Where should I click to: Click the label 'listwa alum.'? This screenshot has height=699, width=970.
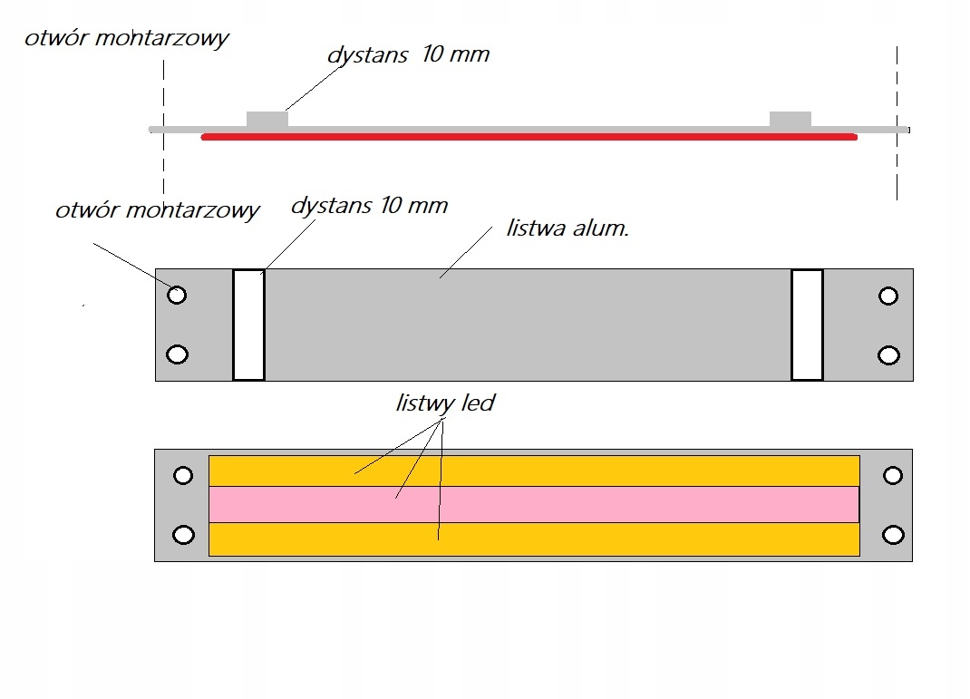(x=567, y=228)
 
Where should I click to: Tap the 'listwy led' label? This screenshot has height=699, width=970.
(x=445, y=403)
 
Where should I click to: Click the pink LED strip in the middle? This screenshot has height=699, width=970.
(x=534, y=504)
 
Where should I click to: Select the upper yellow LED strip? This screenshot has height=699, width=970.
(x=534, y=471)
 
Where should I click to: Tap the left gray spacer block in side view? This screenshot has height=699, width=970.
(x=267, y=119)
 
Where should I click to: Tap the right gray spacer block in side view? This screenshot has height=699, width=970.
(x=790, y=119)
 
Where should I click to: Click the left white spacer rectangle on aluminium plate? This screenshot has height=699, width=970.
(x=248, y=325)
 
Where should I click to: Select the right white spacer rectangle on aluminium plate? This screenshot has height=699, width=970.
(x=807, y=325)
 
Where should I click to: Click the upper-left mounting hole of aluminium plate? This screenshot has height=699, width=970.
(x=178, y=295)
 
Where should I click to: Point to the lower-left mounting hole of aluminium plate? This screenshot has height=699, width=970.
(x=179, y=354)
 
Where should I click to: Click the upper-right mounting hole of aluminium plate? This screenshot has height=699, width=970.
(x=888, y=296)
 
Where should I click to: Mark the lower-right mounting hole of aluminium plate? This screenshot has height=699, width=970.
(x=888, y=354)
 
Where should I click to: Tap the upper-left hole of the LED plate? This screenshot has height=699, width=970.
(x=183, y=475)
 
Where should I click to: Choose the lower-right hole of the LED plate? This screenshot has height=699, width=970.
(x=893, y=535)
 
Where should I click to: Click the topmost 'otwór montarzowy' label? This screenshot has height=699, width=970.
(x=127, y=39)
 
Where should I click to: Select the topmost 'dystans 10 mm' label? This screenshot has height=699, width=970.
(x=408, y=54)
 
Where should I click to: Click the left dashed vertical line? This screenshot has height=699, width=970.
(x=163, y=127)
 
